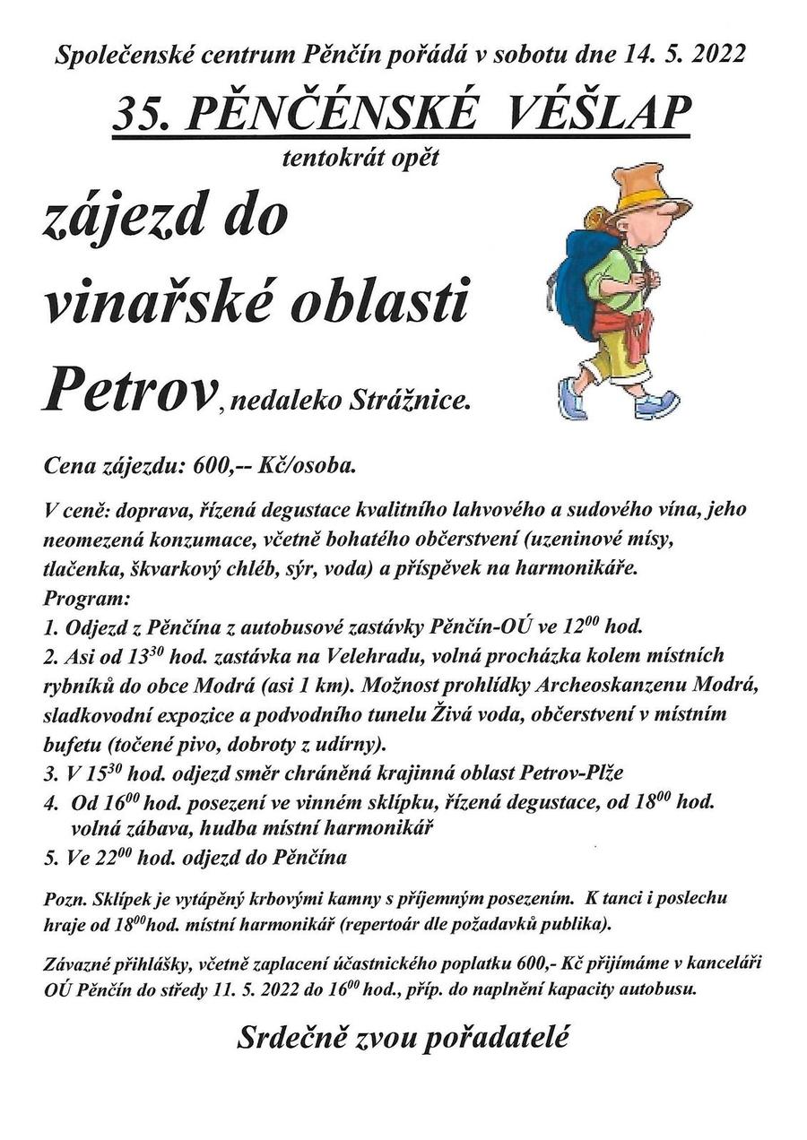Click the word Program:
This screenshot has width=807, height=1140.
tap(86, 597)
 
